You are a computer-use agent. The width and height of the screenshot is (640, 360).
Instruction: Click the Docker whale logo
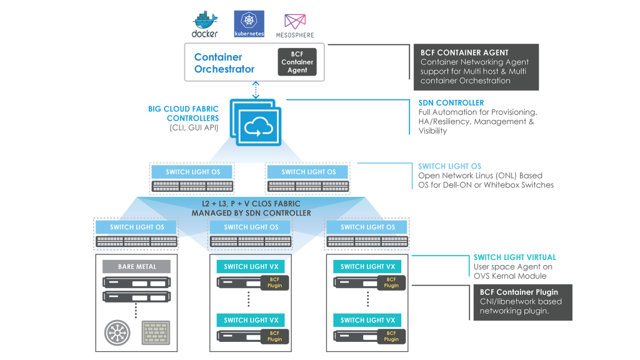tap(204, 22)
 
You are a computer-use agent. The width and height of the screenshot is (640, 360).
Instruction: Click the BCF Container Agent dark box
tap(297, 62)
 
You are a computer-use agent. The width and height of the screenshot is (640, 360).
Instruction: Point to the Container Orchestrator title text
tap(224, 63)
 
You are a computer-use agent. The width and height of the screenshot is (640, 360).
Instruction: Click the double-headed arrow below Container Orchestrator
tap(256, 90)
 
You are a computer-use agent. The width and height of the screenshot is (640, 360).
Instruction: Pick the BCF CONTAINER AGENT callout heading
tap(464, 52)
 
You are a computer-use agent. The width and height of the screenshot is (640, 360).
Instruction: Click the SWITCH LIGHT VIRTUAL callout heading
tap(514, 257)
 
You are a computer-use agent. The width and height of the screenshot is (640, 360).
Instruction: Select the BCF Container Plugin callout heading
tap(519, 292)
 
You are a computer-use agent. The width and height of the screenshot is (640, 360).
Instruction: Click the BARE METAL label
tap(136, 267)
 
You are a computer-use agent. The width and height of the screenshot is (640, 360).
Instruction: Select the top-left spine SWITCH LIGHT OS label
tap(192, 172)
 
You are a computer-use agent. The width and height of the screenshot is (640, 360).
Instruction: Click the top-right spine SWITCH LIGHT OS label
tap(308, 172)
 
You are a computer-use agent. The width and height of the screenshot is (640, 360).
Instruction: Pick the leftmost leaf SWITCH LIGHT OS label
tap(137, 227)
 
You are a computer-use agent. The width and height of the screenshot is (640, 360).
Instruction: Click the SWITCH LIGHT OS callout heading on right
tap(449, 166)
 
